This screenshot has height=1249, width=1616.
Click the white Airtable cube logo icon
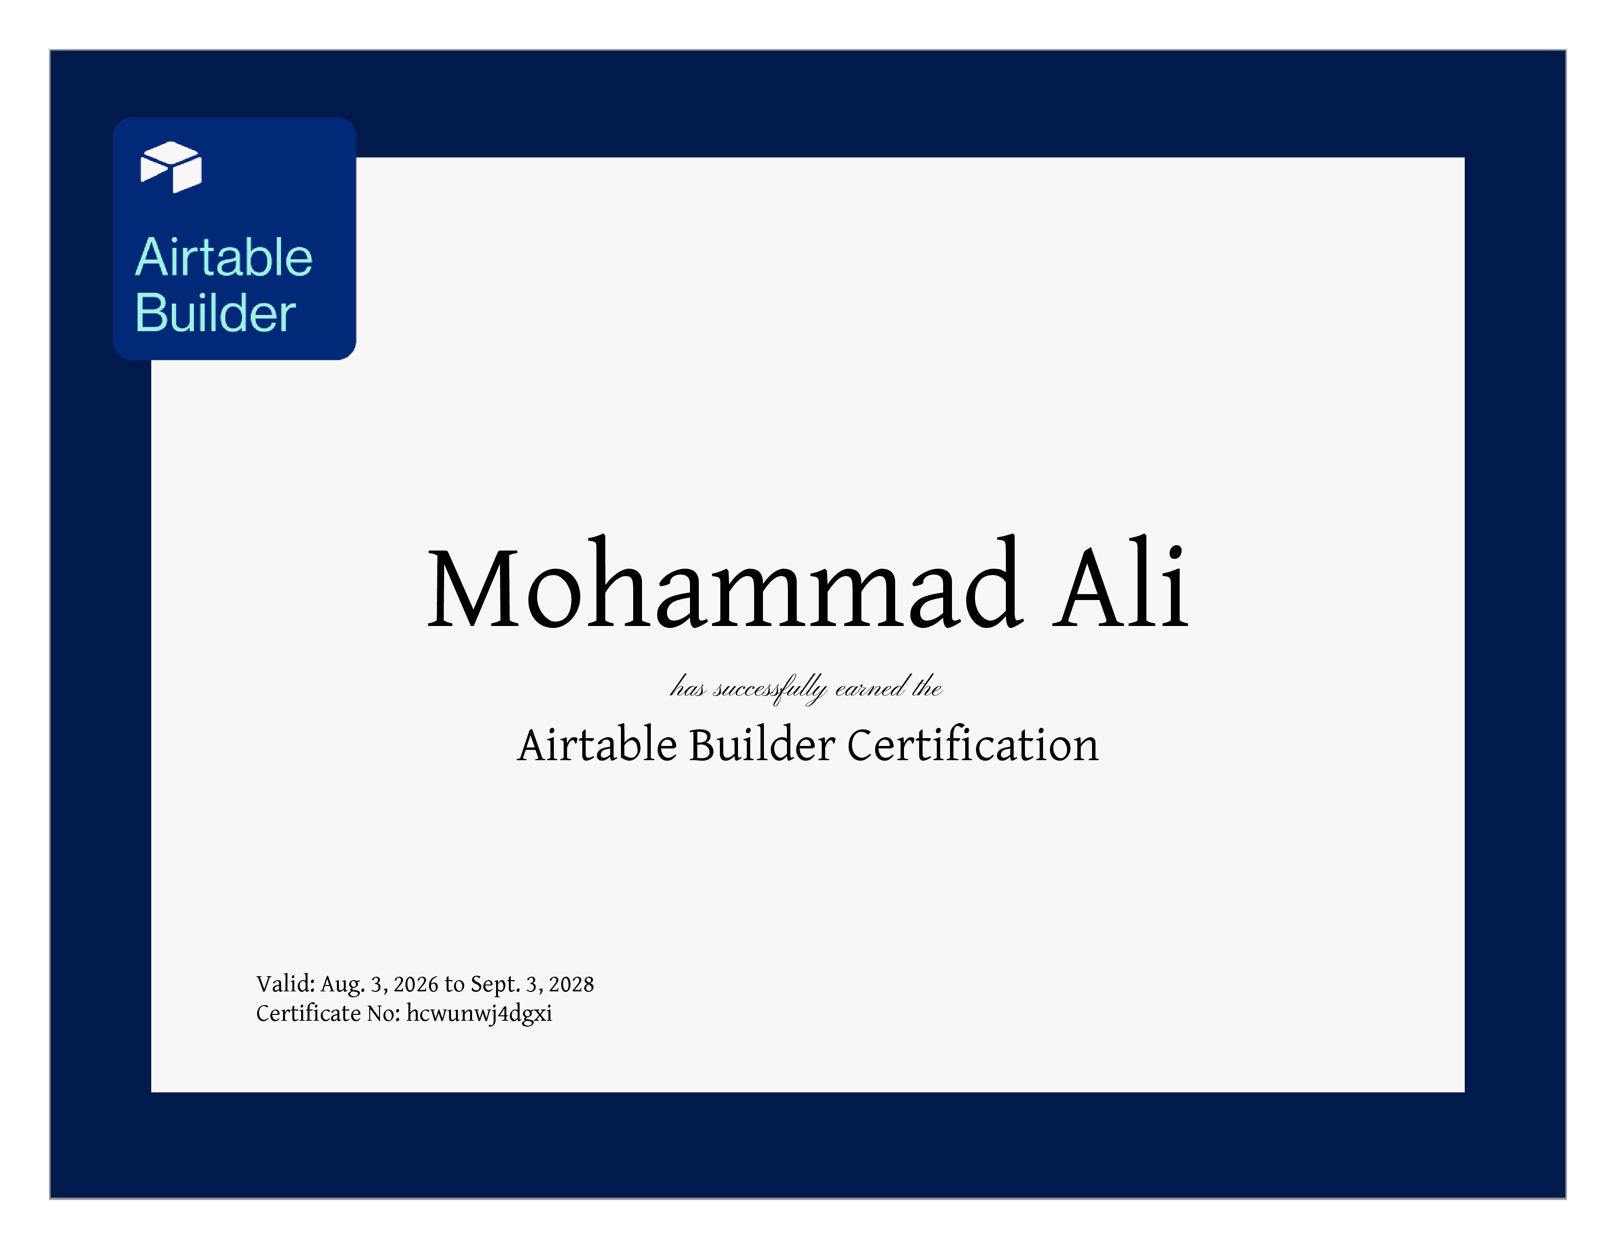tap(171, 167)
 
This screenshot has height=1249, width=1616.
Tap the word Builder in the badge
tap(215, 312)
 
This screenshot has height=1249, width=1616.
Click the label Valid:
tap(285, 984)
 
